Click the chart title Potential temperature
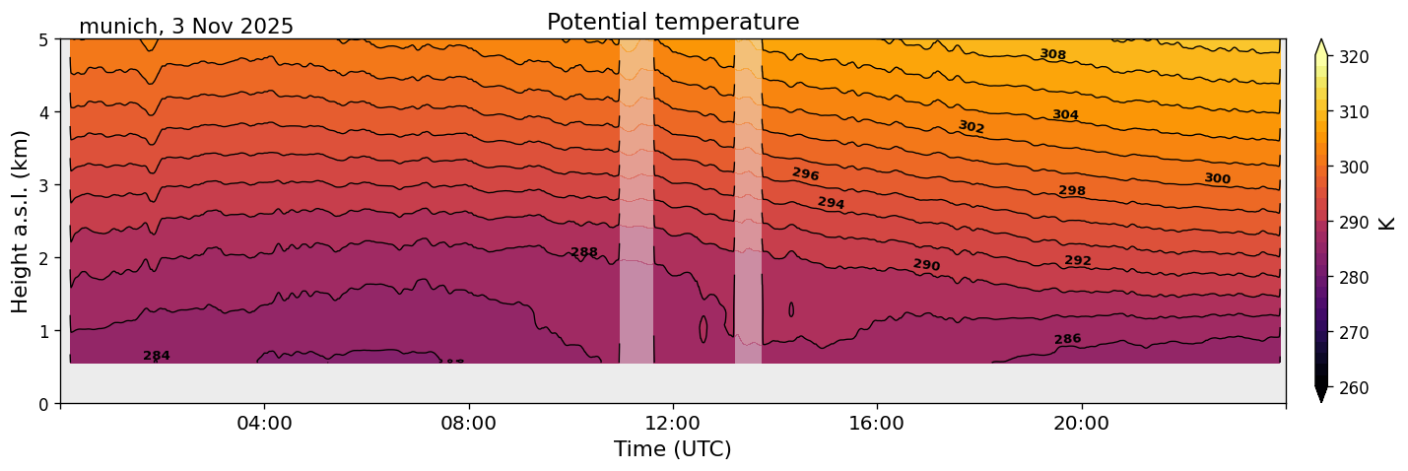[673, 22]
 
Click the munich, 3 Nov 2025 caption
[186, 27]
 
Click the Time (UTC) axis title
[673, 449]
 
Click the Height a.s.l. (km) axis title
[21, 221]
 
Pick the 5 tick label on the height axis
[44, 39]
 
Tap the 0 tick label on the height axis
[44, 403]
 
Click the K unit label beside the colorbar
[1387, 223]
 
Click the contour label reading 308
[1053, 55]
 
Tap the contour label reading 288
[584, 252]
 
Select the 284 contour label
[157, 356]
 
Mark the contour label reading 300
[1218, 178]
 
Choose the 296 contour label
[806, 174]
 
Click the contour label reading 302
[972, 127]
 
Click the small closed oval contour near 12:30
[704, 329]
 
